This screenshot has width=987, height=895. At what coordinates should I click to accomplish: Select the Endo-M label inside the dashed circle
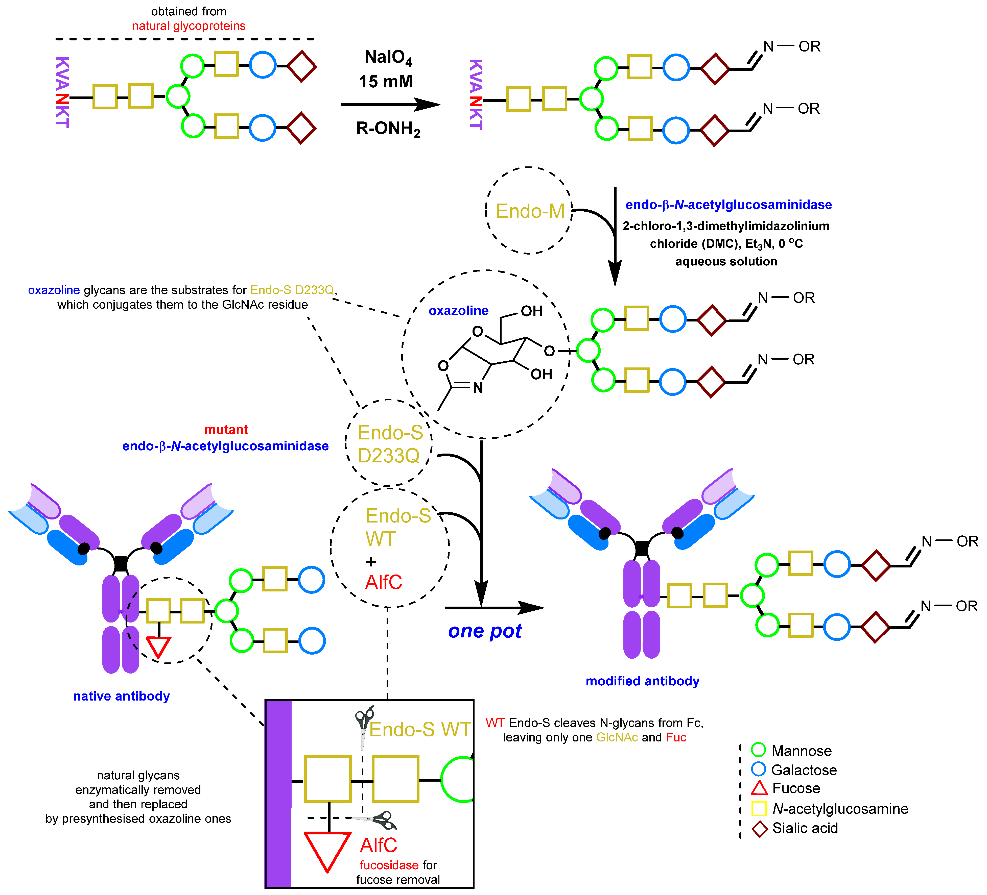[530, 211]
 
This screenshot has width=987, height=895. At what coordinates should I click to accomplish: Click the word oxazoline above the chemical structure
[458, 311]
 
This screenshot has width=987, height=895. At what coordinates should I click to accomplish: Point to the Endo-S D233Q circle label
[390, 444]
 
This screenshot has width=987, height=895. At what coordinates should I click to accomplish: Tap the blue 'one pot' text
[485, 631]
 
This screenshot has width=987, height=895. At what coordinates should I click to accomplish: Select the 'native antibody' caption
[121, 696]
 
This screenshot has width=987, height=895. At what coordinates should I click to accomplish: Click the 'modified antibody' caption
[642, 681]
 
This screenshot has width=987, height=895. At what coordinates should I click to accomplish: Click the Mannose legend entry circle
[758, 750]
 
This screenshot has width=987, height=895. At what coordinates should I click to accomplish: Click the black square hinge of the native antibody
[121, 564]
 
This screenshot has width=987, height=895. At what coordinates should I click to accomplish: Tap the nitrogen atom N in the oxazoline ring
[478, 388]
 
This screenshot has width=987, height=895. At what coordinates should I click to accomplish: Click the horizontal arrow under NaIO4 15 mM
[390, 104]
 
